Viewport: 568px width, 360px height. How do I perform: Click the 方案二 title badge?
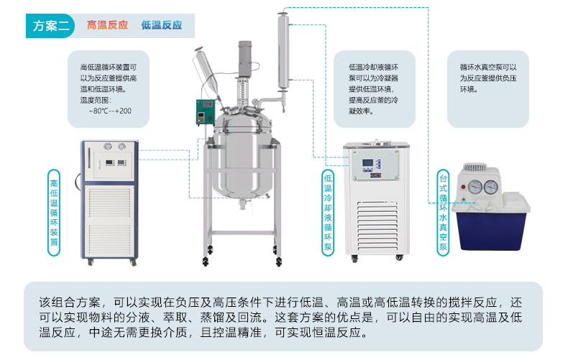[50, 26]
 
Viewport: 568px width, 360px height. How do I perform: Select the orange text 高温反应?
[107, 25]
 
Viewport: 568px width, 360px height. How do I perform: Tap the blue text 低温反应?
[162, 25]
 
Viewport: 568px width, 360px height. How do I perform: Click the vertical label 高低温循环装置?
[54, 213]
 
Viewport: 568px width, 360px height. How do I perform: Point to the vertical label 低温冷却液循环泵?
[328, 213]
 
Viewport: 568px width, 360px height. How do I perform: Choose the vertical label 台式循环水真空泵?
[443, 213]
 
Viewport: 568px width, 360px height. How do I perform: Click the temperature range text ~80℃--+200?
[110, 111]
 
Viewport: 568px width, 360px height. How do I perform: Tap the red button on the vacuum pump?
[463, 188]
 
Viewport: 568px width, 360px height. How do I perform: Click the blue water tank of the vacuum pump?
[491, 231]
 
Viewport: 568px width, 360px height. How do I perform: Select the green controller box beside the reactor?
[205, 112]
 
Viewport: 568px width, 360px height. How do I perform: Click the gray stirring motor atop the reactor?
[245, 59]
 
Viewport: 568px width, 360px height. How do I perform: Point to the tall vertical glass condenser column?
[283, 52]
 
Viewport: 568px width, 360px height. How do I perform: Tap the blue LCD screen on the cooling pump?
[368, 163]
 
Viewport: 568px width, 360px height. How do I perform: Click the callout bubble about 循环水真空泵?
[488, 89]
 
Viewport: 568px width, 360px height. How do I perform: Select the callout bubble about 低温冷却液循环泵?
[374, 89]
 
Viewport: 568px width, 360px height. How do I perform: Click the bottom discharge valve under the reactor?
[243, 205]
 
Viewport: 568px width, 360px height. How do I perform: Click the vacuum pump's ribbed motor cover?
[475, 167]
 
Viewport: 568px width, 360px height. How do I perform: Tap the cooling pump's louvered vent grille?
[377, 227]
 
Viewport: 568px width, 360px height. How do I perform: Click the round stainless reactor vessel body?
[242, 159]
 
